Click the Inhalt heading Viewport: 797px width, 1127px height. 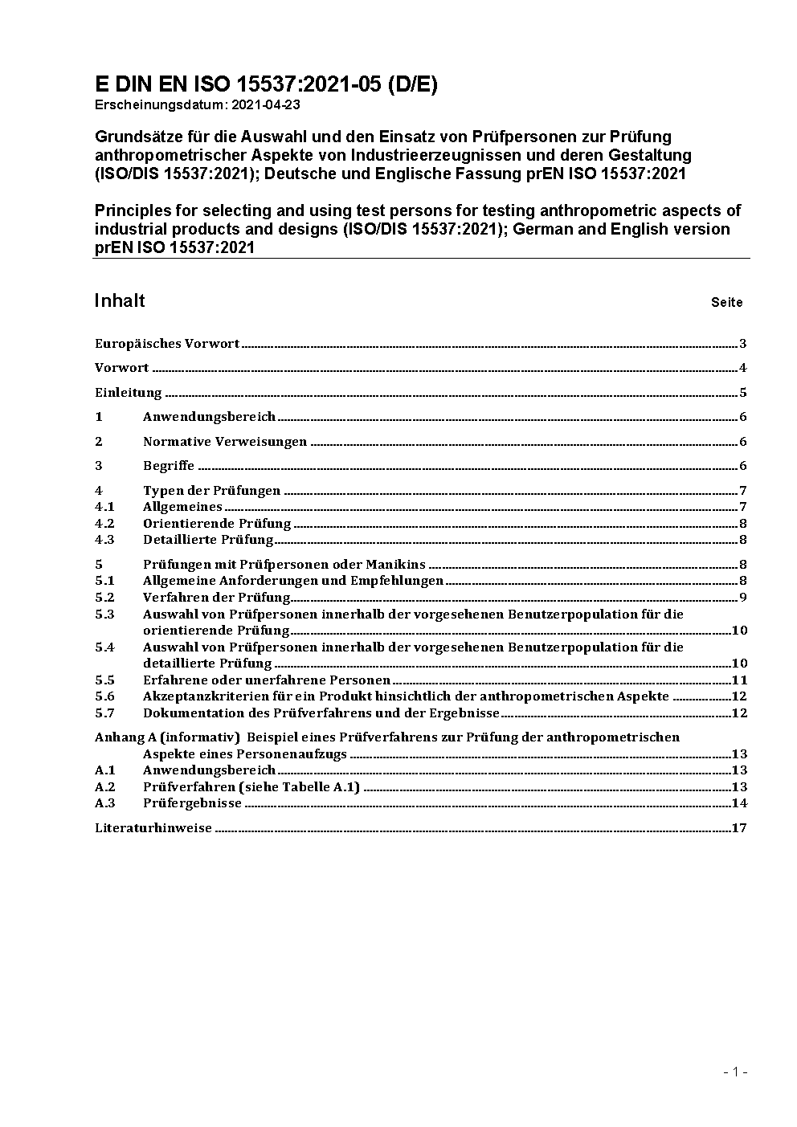tap(120, 300)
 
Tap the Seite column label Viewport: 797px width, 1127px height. tap(726, 303)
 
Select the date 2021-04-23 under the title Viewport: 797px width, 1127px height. tap(268, 104)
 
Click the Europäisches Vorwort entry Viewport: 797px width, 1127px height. tap(167, 344)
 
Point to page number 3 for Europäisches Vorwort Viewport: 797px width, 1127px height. tap(743, 344)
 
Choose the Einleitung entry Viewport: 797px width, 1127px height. tap(129, 393)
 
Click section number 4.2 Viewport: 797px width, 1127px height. tap(104, 523)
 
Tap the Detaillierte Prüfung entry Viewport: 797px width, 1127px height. tap(208, 540)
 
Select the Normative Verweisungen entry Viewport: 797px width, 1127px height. tap(225, 442)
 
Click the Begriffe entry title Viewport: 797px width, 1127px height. tap(169, 466)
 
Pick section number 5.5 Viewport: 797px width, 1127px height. tap(104, 680)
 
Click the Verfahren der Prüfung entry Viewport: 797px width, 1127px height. tap(217, 597)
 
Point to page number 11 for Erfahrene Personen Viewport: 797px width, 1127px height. tap(739, 680)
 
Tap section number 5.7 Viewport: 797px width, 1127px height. tap(104, 713)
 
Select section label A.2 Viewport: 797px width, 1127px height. tap(105, 786)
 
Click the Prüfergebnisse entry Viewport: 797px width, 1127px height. tap(192, 802)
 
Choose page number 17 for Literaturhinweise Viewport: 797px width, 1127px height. tap(739, 827)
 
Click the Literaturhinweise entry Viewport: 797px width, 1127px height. tap(153, 827)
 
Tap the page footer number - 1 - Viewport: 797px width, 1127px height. tap(735, 1072)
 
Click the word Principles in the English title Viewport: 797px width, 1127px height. tap(132, 210)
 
